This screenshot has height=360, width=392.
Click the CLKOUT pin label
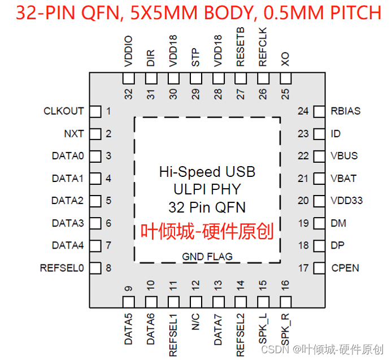pos(64,111)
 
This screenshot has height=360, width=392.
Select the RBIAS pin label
pos(345,111)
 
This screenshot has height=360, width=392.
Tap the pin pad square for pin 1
pos(95,111)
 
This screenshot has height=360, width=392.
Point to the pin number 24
pos(303,111)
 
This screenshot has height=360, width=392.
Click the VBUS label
pos(344,156)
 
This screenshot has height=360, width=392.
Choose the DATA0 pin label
pos(68,156)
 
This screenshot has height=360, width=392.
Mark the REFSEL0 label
pos(62,268)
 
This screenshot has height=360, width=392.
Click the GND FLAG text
pos(207,257)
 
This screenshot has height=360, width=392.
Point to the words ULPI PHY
pos(207,189)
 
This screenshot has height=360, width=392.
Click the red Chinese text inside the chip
pos(207,231)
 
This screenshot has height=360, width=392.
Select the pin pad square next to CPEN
pos(319,268)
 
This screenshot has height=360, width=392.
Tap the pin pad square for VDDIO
pos(129,77)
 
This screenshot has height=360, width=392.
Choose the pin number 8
pos(108,268)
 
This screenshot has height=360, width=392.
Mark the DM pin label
pos(338,223)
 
